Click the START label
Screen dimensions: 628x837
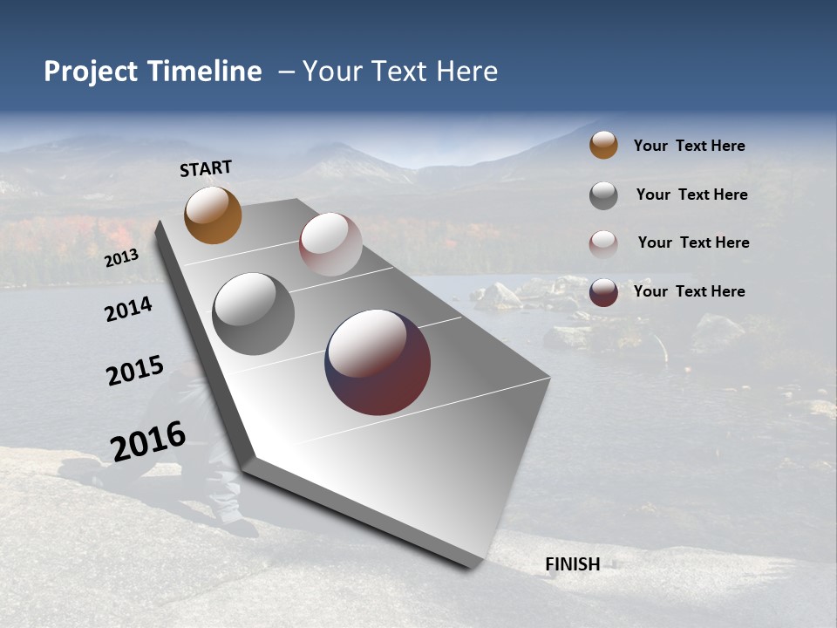point(206,168)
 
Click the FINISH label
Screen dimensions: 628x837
point(572,564)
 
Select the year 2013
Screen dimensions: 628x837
point(121,258)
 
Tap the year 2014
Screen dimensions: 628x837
point(128,309)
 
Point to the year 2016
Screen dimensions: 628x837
point(147,440)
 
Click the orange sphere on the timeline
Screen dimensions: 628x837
point(213,215)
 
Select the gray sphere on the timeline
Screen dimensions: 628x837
point(253,314)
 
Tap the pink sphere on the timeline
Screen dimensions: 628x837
point(330,244)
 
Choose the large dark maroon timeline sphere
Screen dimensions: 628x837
point(378,362)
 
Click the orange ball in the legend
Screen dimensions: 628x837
point(603,145)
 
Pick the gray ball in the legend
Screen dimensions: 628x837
point(603,195)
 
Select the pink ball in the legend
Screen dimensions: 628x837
point(603,243)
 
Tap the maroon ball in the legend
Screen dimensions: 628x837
point(603,291)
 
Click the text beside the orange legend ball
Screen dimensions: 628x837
point(689,146)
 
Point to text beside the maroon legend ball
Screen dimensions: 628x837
point(689,291)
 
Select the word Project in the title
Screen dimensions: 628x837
point(91,72)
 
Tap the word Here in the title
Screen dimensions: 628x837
point(466,72)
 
